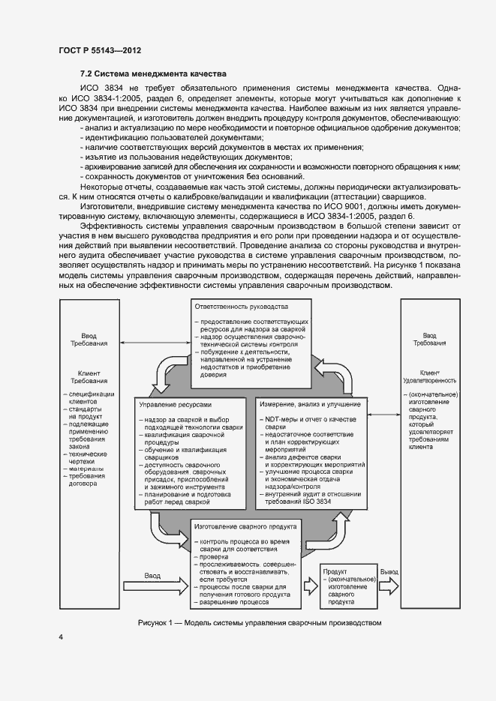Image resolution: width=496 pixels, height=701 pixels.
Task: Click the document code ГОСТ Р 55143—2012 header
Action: click(x=100, y=50)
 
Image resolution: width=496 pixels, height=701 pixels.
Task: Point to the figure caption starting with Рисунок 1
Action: click(x=260, y=623)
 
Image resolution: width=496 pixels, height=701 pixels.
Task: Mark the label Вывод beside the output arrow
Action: click(x=389, y=571)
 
